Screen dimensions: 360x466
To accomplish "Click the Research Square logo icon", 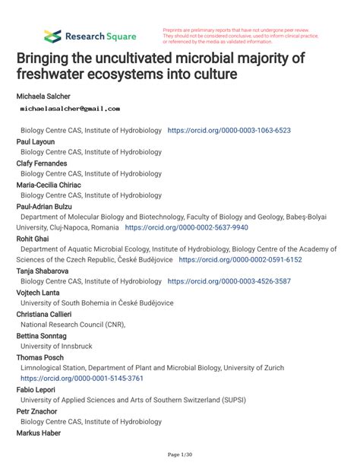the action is (52, 35).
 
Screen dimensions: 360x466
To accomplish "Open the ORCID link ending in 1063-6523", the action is (229, 131).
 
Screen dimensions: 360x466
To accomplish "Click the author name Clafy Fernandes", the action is (42, 163).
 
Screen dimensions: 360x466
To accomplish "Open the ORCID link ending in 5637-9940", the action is (186, 227).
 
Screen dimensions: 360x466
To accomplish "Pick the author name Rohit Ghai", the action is (34, 238).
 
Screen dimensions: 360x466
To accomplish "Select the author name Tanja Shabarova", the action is (47, 270).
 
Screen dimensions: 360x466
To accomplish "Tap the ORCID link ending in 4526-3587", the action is (229, 281).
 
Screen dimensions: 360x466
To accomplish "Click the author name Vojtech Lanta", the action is (42, 292).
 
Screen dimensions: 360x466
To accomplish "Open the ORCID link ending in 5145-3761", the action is (82, 378).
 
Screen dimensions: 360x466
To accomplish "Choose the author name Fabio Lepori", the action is (37, 389).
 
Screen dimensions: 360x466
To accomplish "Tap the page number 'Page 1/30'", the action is (179, 455).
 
